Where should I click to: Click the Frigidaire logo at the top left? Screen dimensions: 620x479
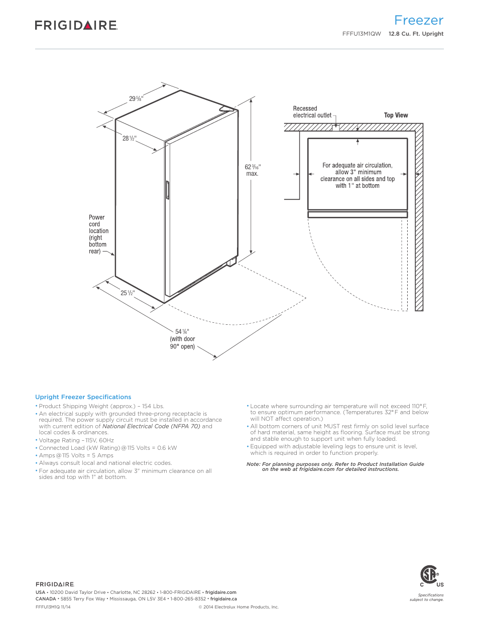76,25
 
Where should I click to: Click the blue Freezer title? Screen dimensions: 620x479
418,21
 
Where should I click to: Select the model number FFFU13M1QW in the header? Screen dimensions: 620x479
362,34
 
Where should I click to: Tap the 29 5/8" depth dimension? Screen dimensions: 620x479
136,98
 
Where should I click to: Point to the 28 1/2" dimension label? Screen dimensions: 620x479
129,138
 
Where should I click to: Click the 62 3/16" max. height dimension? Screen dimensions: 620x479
252,170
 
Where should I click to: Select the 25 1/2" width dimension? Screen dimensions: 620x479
128,293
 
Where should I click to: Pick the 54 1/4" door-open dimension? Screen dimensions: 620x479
182,339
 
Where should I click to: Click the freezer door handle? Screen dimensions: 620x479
168,191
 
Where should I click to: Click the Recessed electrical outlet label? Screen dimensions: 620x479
312,112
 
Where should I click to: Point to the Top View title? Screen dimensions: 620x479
396,115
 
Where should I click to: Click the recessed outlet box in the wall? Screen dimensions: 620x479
335,128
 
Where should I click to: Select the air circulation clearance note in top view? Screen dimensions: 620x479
357,175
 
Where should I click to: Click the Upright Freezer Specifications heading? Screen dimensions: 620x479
83,397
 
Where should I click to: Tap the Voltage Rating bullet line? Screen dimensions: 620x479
76,440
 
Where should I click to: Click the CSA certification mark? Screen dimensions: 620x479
430,575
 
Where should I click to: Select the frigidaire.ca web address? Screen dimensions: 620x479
223,599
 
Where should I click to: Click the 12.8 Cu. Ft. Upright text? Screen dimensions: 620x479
416,34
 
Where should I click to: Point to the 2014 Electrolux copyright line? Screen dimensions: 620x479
238,607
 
